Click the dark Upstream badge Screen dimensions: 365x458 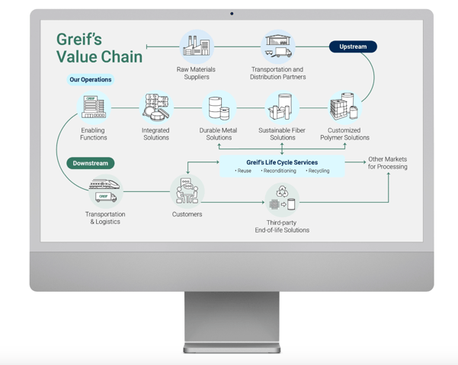pos(353,46)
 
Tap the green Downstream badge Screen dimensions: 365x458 pos(91,163)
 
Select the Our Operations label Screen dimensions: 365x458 pos(91,79)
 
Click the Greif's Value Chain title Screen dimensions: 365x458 pos(88,48)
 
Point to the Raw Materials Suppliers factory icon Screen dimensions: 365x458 pos(197,46)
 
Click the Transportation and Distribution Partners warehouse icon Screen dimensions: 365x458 pos(277,46)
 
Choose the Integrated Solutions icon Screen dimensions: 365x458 pos(156,107)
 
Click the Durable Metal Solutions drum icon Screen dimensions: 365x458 pos(219,108)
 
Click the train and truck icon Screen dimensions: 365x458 pos(105,191)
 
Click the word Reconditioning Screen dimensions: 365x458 pos(278,171)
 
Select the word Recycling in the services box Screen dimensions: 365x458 pos(318,171)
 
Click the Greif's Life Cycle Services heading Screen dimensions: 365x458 pos(282,162)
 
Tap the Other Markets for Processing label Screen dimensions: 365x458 pos(387,163)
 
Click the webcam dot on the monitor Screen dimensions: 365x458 pos(232,13)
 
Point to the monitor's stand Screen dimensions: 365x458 pos(232,320)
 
